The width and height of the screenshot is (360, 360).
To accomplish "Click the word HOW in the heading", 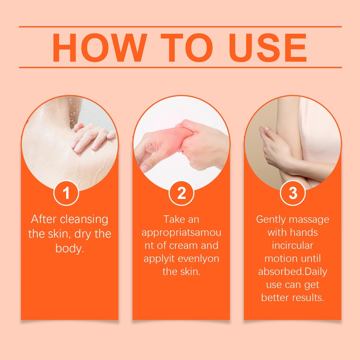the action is [x=100, y=47].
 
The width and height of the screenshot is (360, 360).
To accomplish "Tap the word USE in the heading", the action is [x=268, y=47].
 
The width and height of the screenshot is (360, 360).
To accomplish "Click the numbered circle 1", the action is [x=66, y=193].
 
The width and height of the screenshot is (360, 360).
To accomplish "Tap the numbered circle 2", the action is [x=181, y=193].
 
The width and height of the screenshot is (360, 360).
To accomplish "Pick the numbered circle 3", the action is [x=293, y=193].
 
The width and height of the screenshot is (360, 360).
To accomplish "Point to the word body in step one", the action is [x=70, y=249].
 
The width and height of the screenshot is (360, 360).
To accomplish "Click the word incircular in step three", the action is [x=292, y=246].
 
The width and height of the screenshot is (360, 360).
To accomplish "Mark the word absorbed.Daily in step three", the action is [x=292, y=272].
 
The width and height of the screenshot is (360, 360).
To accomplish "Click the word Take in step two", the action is [x=172, y=219].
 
